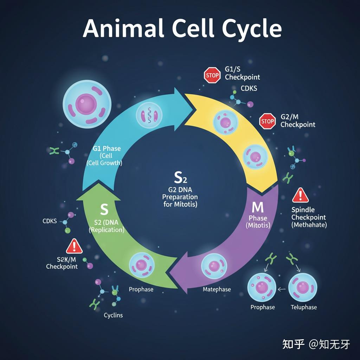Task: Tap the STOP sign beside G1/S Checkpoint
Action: click(x=212, y=75)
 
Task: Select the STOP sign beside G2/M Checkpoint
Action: click(x=268, y=121)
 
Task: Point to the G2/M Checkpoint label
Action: click(x=298, y=121)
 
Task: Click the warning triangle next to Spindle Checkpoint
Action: click(x=300, y=195)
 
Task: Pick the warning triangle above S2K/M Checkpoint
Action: click(x=74, y=246)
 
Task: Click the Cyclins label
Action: click(x=113, y=315)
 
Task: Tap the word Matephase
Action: click(x=217, y=289)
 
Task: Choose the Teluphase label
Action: click(x=304, y=307)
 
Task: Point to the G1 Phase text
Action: click(x=107, y=149)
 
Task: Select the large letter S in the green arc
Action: click(x=104, y=210)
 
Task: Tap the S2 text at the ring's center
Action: click(x=180, y=178)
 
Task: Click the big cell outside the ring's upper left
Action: click(x=86, y=104)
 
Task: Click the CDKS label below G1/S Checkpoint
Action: click(x=249, y=88)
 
